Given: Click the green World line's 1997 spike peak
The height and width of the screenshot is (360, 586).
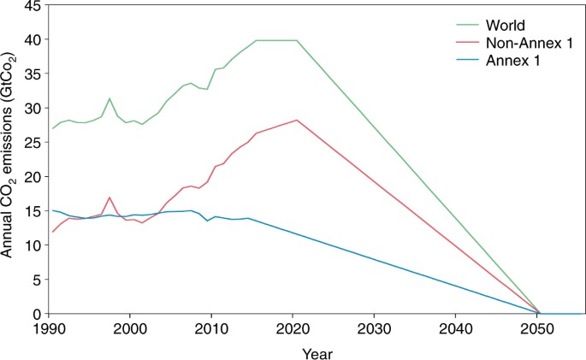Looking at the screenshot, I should pos(110,98).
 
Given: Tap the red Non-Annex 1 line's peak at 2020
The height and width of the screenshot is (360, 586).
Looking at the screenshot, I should pos(296,120).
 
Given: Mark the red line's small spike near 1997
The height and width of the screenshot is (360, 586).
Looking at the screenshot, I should pos(110,198).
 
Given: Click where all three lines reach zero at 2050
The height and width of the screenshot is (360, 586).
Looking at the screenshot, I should pos(540,314).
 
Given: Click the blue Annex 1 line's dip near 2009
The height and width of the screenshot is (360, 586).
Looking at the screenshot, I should pos(206,221).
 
